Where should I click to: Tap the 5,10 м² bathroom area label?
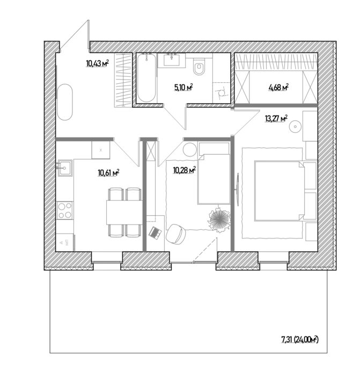click(x=183, y=87)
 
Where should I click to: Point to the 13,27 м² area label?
click(x=276, y=119)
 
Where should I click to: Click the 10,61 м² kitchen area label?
click(x=107, y=172)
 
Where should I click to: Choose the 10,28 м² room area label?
click(x=183, y=171)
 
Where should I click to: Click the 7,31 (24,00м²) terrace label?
click(x=299, y=339)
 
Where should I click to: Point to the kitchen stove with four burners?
click(x=65, y=209)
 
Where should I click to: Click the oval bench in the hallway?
click(x=65, y=102)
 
